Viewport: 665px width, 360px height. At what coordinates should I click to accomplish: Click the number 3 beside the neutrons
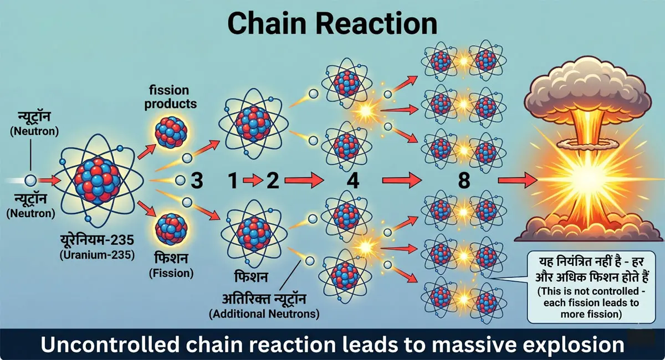click(x=198, y=181)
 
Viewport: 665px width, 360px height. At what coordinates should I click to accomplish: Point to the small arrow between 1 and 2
click(x=251, y=181)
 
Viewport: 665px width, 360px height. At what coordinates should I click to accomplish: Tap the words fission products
click(x=173, y=97)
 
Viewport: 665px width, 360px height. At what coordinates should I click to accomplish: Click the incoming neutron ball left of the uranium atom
click(x=31, y=181)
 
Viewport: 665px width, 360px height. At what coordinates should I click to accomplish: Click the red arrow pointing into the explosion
click(x=518, y=181)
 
